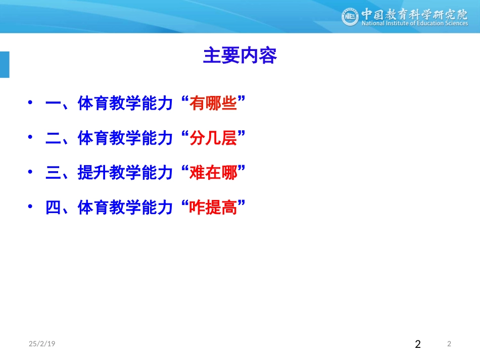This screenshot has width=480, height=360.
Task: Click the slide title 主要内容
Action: tap(239, 56)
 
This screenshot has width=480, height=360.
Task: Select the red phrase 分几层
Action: tap(213, 138)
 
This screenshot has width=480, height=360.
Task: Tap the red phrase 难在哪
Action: tap(213, 173)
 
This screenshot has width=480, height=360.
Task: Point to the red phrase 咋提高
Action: tap(213, 207)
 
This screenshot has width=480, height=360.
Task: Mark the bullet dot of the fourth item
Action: tap(31, 206)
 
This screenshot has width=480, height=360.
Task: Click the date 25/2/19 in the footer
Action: tap(42, 344)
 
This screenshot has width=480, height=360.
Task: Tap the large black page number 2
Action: tap(417, 345)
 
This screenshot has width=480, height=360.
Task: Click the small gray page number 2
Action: tap(449, 344)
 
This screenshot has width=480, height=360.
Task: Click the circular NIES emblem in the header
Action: tap(350, 17)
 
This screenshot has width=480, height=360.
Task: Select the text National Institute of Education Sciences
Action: tap(414, 23)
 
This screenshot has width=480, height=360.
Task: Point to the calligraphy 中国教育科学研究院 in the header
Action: tap(414, 13)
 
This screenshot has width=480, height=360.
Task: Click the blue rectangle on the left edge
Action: tap(5, 64)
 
